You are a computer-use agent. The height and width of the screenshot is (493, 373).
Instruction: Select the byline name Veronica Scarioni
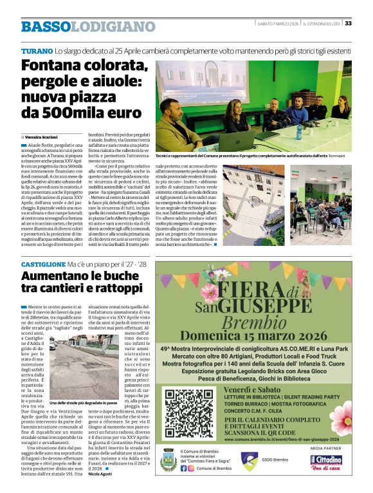[x=43, y=137]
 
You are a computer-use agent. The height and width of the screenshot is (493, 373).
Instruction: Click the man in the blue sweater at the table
[x=296, y=113]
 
